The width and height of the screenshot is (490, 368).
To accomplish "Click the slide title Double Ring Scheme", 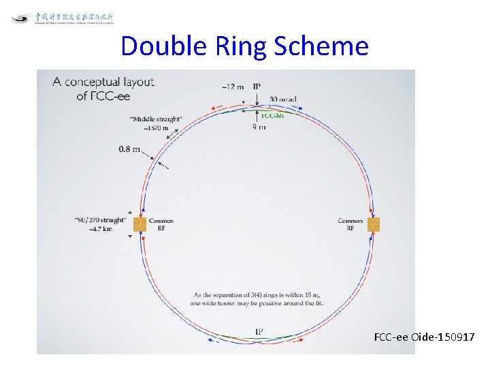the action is click(244, 46).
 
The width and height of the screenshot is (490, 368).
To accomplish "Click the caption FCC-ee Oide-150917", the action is click(424, 337).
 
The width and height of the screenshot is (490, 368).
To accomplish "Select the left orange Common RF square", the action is click(140, 224).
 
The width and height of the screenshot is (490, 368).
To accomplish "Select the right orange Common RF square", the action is click(373, 224).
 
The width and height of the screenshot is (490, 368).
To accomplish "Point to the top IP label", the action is click(257, 87).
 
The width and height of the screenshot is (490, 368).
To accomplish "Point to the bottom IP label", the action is click(259, 331).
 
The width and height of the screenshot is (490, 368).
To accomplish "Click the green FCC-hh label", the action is click(273, 116).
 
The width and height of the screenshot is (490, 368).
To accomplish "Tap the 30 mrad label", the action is click(282, 99).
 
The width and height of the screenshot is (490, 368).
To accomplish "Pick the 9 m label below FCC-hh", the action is click(259, 127).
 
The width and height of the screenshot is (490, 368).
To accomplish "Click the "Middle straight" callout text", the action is click(154, 119).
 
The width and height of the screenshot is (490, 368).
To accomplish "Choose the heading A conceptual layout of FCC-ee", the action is click(103, 89).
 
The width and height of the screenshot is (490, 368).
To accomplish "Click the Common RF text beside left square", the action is click(161, 224).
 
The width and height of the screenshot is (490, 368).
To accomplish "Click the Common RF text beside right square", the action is click(350, 224).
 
